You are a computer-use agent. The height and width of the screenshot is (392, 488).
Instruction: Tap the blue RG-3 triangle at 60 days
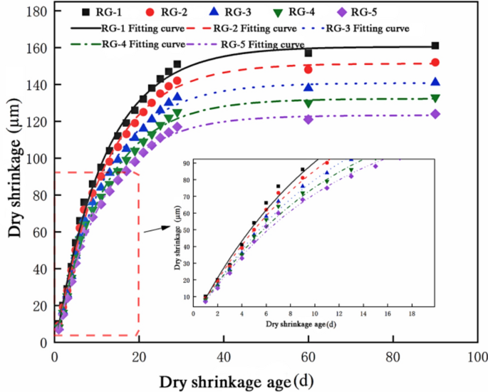pyautogui.click(x=308, y=87)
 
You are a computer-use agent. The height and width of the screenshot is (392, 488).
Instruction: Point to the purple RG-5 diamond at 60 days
pyautogui.click(x=308, y=119)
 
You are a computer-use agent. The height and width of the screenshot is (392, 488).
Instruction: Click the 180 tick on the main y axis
pyautogui.click(x=36, y=12)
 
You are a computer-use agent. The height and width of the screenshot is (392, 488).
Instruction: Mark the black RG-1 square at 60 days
pyautogui.click(x=308, y=53)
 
